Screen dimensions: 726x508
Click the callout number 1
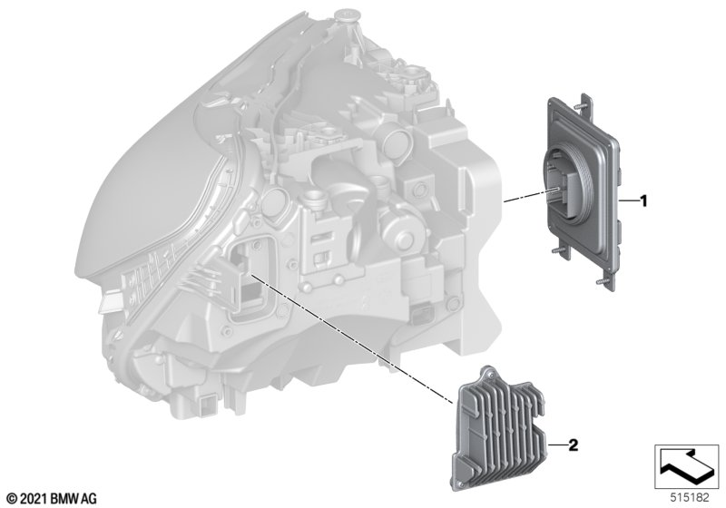(x=643, y=201)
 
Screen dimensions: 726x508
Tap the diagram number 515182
(x=690, y=498)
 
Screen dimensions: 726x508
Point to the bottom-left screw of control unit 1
(x=558, y=251)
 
